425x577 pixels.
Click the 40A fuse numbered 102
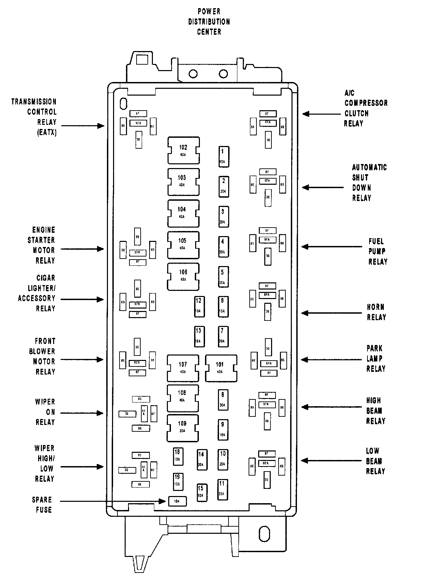click(x=184, y=150)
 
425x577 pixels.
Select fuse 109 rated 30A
click(x=183, y=428)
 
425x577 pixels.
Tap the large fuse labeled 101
click(x=221, y=368)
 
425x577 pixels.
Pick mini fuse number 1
click(x=223, y=156)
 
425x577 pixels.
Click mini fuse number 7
click(x=223, y=336)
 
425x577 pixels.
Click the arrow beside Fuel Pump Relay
click(x=332, y=246)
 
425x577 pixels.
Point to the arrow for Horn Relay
click(x=332, y=313)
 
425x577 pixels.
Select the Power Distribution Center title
click(x=209, y=21)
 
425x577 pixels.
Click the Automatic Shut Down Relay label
click(x=369, y=183)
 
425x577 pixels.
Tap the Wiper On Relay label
click(x=45, y=412)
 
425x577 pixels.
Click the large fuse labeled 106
click(x=183, y=276)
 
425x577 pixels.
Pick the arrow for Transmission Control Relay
click(x=83, y=126)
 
